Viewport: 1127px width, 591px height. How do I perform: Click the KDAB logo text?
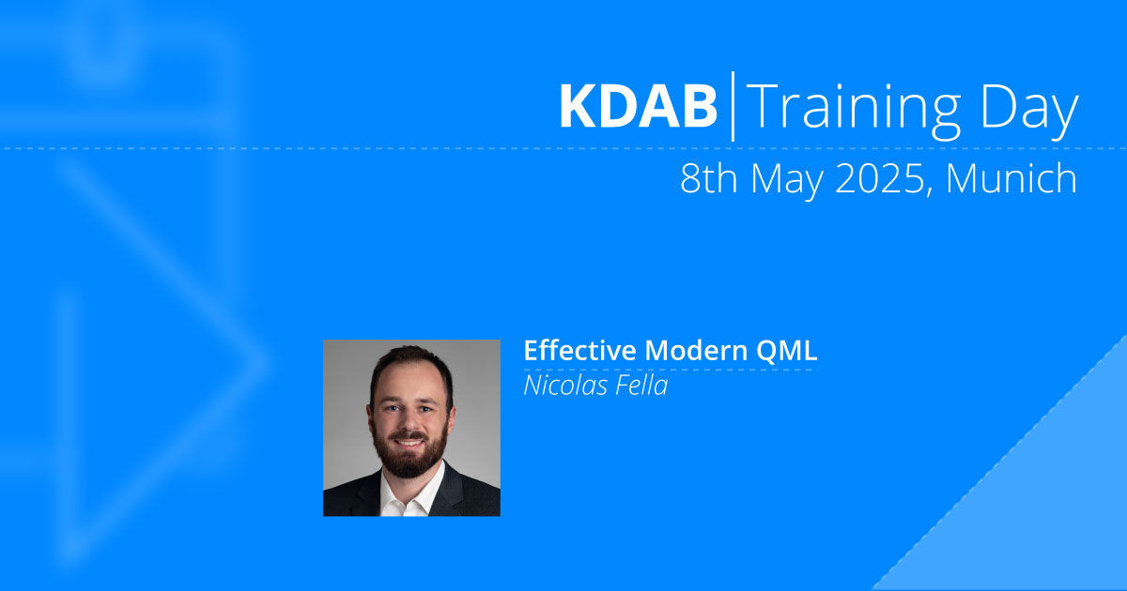click(x=638, y=106)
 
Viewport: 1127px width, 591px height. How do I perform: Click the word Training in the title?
click(x=854, y=112)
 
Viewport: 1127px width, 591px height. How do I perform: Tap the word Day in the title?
click(x=1029, y=112)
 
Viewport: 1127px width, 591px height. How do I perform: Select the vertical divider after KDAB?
click(x=733, y=106)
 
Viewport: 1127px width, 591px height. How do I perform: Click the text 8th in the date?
click(x=709, y=178)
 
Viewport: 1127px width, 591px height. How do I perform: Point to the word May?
click(x=787, y=182)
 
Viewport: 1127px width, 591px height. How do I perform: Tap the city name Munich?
click(x=1011, y=178)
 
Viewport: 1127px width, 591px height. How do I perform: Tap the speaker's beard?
click(x=410, y=459)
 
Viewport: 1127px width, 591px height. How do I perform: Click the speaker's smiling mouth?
click(x=408, y=443)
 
